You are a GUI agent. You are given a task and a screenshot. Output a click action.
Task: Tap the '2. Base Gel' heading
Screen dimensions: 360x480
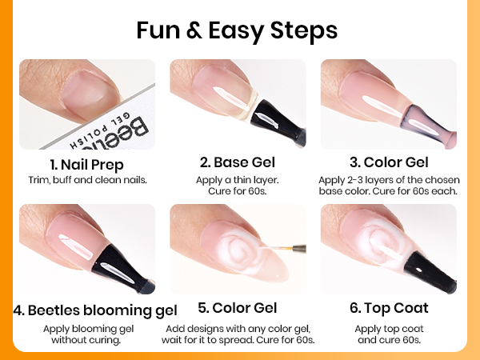pyautogui.click(x=238, y=163)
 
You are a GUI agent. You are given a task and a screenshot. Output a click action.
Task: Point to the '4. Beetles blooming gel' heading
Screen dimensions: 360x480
pyautogui.click(x=95, y=310)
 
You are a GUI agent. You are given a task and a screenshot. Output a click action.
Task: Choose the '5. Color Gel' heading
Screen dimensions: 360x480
pyautogui.click(x=239, y=309)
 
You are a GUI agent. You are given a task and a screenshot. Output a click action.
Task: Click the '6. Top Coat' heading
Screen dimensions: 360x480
pyautogui.click(x=390, y=308)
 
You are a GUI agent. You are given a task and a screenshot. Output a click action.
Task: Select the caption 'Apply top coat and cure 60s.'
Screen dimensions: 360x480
pyautogui.click(x=390, y=334)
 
